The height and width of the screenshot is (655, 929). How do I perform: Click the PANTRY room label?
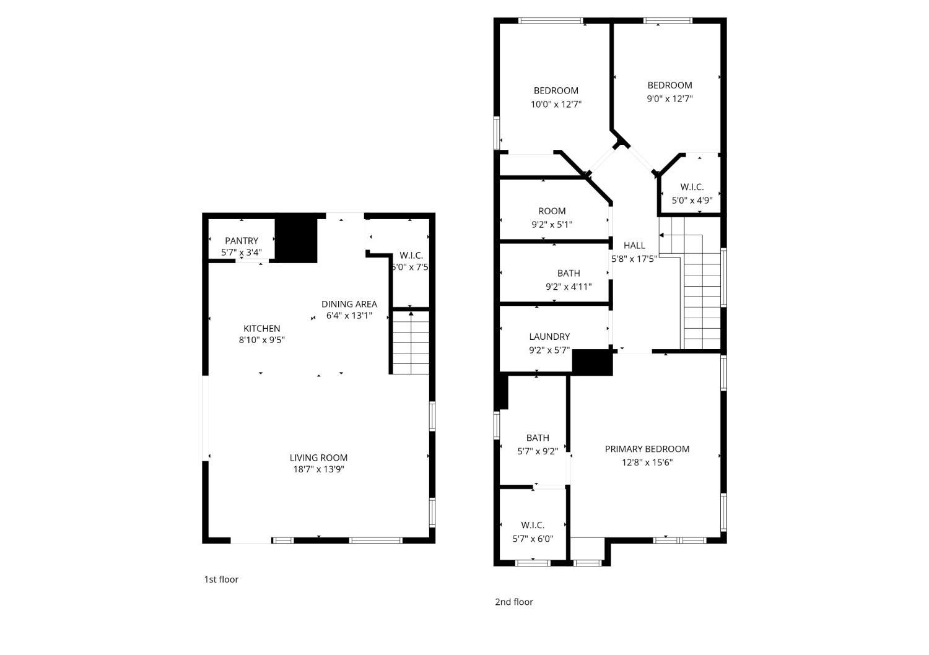[x=242, y=240]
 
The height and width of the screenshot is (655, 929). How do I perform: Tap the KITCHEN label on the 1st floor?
[x=261, y=328]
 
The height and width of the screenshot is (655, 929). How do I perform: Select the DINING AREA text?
[x=349, y=304]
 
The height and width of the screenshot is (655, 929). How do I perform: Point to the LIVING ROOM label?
[x=318, y=458]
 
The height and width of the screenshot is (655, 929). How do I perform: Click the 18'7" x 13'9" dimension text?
[x=318, y=469]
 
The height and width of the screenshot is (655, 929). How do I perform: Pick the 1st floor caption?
[x=221, y=579]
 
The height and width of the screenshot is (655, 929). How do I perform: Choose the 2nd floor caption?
[x=513, y=602]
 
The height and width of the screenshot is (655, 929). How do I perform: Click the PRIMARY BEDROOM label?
[x=647, y=449]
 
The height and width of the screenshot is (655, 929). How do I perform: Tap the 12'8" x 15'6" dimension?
[x=647, y=462]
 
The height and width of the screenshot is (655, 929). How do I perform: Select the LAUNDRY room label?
[x=549, y=337]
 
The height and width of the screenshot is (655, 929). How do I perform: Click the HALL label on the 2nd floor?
[x=634, y=245]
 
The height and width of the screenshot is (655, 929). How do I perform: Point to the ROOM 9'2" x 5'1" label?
[x=552, y=211]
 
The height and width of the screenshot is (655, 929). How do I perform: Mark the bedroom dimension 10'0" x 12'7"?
[x=556, y=104]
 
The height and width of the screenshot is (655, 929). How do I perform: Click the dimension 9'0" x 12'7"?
[x=669, y=98]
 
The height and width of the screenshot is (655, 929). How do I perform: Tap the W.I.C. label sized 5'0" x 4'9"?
[x=692, y=187]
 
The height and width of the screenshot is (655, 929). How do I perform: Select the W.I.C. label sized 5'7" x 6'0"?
[x=533, y=525]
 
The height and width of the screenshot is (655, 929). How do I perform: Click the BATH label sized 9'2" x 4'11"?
[x=569, y=273]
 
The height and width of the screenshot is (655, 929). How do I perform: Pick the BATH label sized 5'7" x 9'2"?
[x=538, y=438]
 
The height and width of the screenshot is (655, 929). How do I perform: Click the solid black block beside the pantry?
[x=296, y=238]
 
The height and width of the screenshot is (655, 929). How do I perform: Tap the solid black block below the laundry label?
[x=592, y=362]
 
